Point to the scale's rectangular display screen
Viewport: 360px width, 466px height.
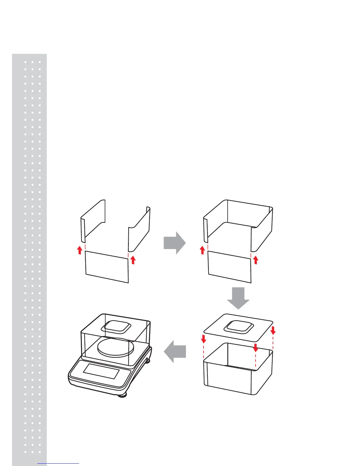tap(101, 371)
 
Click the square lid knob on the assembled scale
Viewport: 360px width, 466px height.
tap(116, 327)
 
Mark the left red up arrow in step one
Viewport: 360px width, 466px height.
tap(79, 250)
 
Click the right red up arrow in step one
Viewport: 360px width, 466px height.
tap(133, 260)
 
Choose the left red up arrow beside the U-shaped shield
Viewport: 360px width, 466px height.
tap(202, 250)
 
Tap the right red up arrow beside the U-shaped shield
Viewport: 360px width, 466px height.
tap(256, 260)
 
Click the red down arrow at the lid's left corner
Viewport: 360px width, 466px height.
tap(204, 339)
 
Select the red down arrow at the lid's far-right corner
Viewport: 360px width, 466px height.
tap(273, 330)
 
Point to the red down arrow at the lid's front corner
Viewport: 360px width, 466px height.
tap(255, 347)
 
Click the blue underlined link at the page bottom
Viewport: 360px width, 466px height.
tap(59, 464)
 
